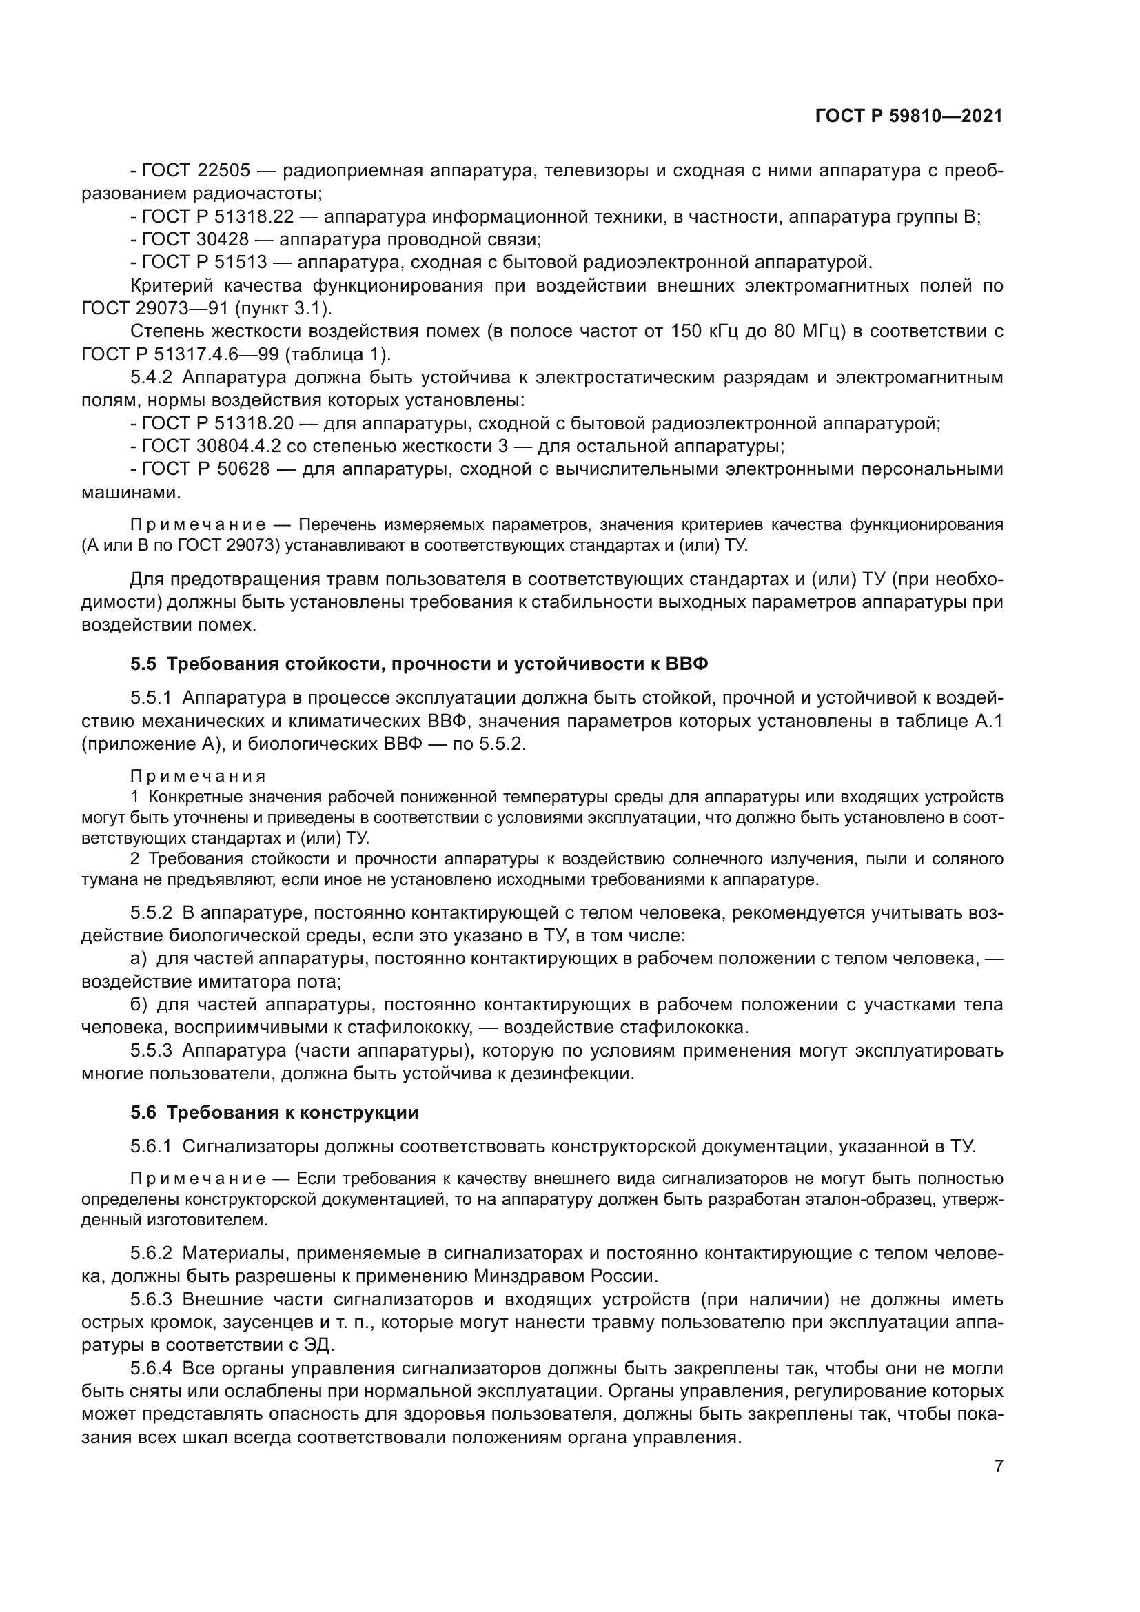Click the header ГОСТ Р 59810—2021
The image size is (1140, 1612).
[x=908, y=116]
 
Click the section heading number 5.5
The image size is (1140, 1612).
[x=143, y=664]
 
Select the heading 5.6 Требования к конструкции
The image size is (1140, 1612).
[x=274, y=1112]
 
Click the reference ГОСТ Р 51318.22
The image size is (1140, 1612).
[x=218, y=217]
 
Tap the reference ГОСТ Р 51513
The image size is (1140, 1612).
[x=205, y=263]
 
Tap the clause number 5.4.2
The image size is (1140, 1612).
[x=151, y=377]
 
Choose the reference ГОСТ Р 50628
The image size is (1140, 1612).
[x=205, y=469]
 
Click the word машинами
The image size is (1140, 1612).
[x=131, y=492]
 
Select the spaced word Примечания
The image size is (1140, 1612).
[x=198, y=776]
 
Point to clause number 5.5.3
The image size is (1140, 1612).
[x=151, y=1050]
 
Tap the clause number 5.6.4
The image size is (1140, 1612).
[x=151, y=1369]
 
